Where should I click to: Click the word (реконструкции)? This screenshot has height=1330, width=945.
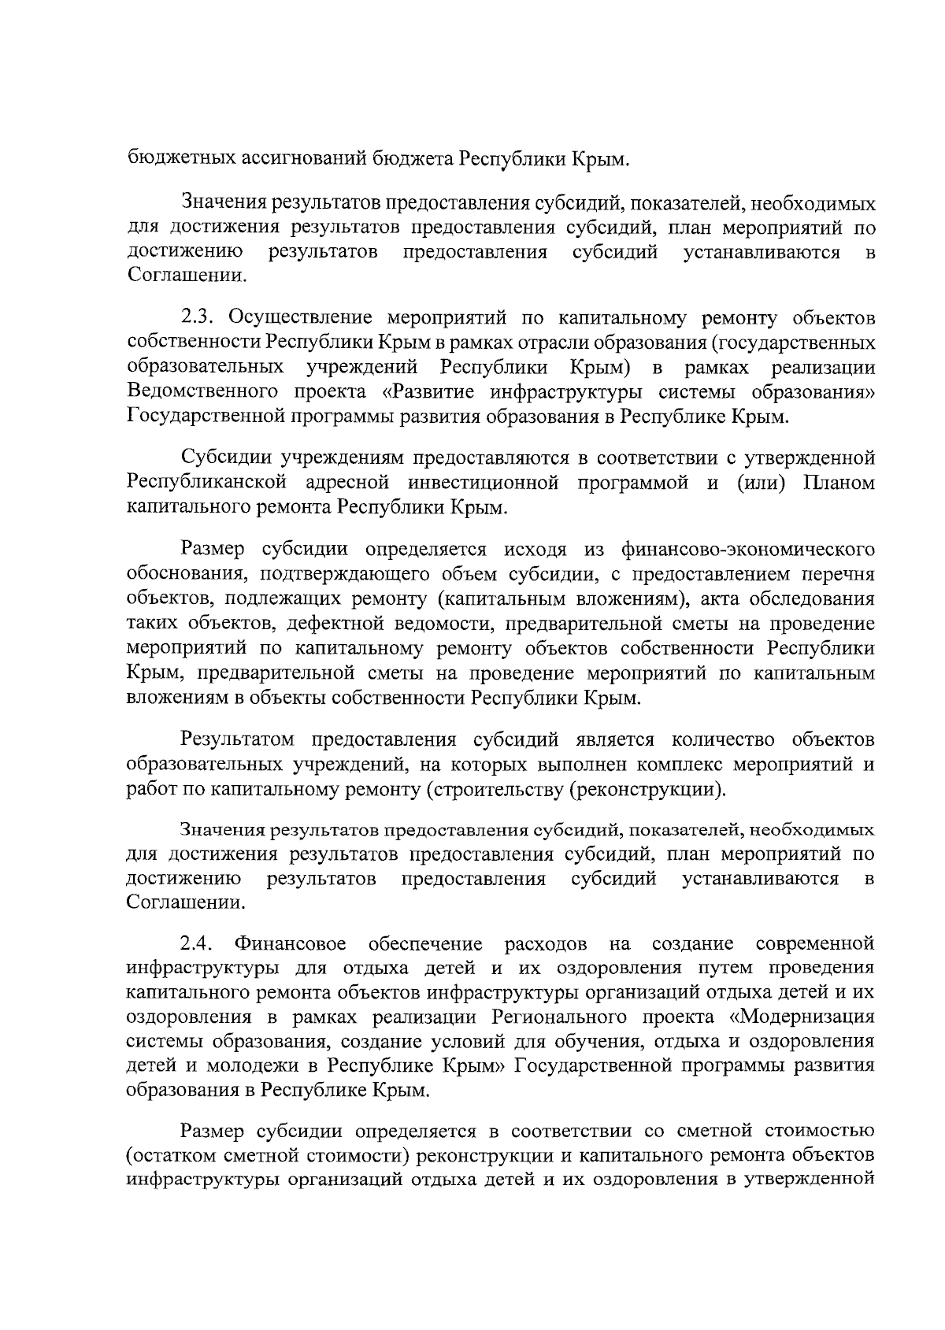647,789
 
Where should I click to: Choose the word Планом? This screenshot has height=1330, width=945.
839,483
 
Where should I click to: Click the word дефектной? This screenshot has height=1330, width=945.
329,624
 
